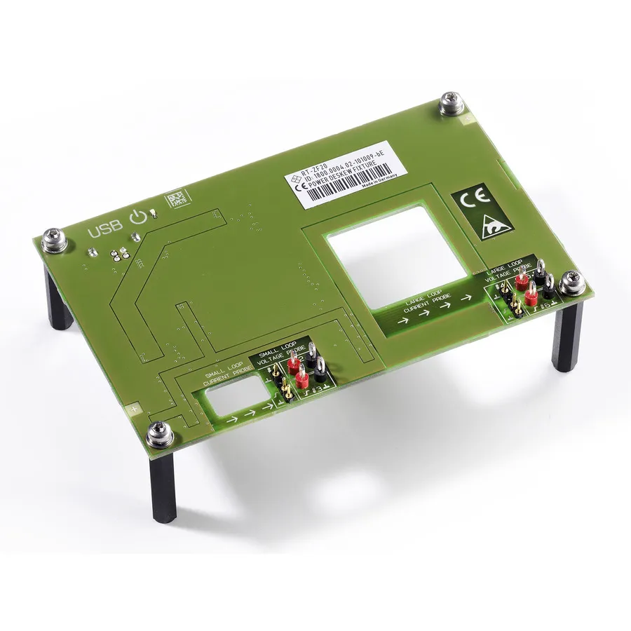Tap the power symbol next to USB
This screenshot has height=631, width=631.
[x=138, y=216]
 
